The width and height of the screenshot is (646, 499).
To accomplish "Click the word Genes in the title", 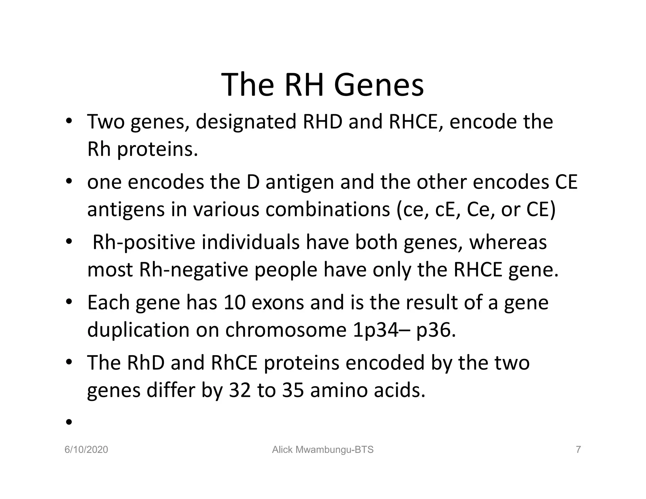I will (379, 85).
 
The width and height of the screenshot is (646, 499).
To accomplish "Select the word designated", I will (246, 122).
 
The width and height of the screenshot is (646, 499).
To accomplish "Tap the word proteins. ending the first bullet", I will (157, 150).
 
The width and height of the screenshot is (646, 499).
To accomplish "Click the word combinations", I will (327, 210).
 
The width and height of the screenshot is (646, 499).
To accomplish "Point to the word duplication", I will (138, 330).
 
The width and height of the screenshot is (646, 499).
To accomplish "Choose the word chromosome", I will (285, 330).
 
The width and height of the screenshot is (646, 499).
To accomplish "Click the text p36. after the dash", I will (436, 331).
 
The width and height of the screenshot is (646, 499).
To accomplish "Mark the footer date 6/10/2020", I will (86, 450).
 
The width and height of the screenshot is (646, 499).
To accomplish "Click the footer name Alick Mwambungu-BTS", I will (323, 450).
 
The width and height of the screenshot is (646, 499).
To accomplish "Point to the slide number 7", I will (578, 450).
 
